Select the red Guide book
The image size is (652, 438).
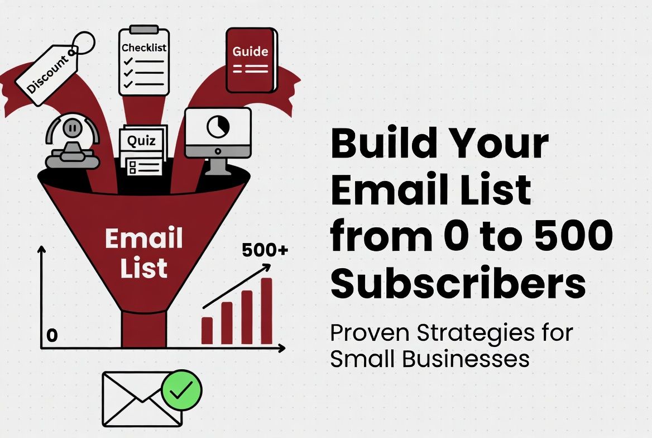coord(251,60)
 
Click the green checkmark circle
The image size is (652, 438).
coord(181,391)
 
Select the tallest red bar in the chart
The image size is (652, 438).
coord(266,311)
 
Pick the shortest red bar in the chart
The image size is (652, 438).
coord(207,330)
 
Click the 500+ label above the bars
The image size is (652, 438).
coord(265,251)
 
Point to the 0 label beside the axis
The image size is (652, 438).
coord(52,336)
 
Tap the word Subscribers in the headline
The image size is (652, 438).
coord(458,283)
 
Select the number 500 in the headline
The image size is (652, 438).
coord(569,236)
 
